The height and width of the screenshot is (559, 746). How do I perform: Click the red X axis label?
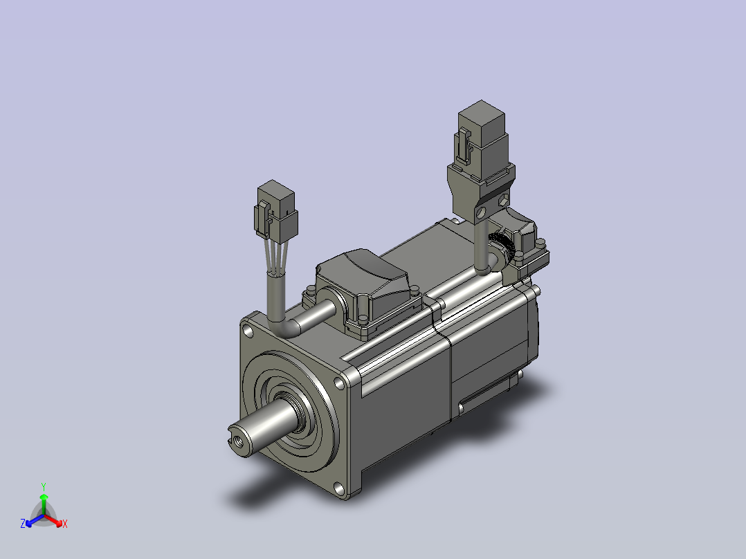coord(65,524)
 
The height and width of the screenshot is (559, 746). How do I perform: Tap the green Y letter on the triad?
coord(44,486)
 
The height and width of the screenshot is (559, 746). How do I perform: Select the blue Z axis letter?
coord(23,523)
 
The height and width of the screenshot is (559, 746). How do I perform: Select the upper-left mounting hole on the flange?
coord(248,331)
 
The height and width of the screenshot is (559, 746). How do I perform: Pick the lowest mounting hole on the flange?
coord(339,488)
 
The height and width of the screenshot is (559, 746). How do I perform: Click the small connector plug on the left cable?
coord(276,211)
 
